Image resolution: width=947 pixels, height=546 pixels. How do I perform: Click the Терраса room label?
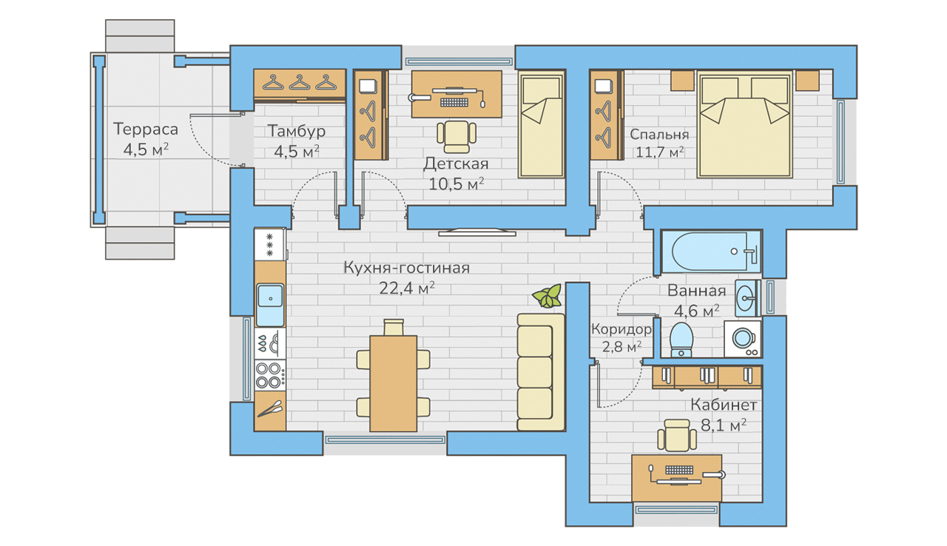(146, 129)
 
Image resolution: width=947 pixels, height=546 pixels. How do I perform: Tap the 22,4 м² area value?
(407, 289)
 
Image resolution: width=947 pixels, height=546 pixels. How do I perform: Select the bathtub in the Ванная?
(711, 251)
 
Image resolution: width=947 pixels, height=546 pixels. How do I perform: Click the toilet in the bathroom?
(681, 340)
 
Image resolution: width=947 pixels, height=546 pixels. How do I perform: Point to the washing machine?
(743, 339)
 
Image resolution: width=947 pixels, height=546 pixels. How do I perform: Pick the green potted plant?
(547, 296)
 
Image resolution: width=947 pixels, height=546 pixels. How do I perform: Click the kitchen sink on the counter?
(270, 304)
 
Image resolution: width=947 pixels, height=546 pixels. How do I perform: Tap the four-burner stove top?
(270, 375)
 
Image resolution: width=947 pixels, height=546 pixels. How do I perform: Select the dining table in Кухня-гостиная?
(393, 383)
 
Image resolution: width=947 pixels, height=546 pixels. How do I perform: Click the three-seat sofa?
(541, 372)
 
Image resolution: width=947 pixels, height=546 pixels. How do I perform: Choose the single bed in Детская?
(542, 124)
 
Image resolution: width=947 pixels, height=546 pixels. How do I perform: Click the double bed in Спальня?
(744, 124)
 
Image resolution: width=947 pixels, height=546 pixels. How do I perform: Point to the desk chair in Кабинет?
(677, 435)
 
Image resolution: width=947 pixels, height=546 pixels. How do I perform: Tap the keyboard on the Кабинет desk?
(679, 470)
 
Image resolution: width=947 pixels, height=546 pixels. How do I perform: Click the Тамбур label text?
(297, 131)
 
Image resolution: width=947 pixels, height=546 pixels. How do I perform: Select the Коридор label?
(621, 329)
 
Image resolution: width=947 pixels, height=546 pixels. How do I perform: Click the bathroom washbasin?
(747, 298)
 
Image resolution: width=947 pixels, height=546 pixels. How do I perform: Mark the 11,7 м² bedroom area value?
(659, 152)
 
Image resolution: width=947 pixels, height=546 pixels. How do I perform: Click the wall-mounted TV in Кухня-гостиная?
(477, 232)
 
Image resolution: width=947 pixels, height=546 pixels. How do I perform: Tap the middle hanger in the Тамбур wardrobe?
(300, 82)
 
